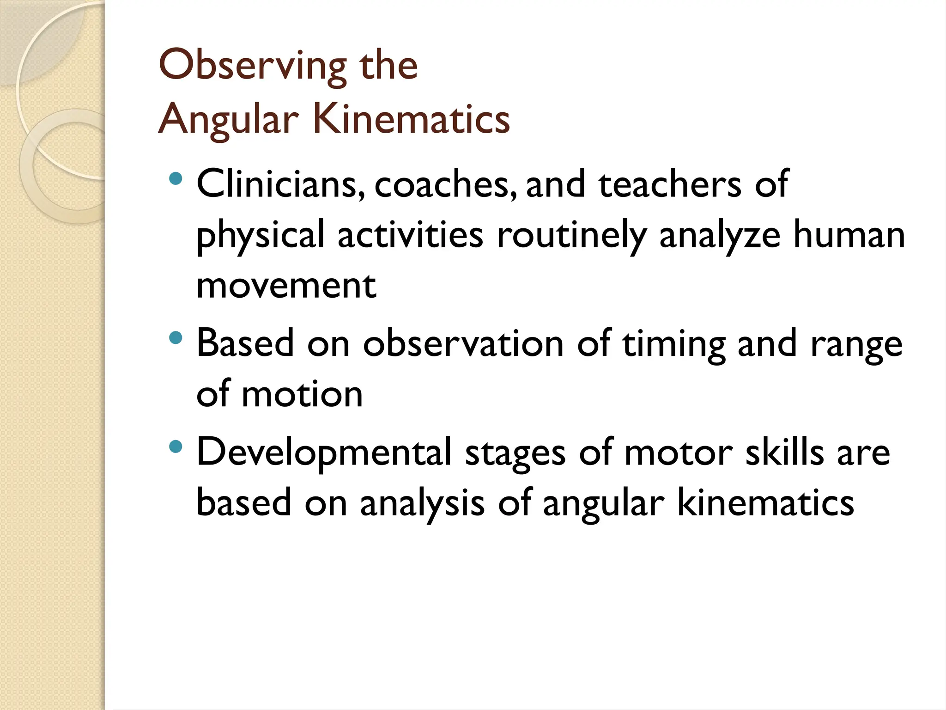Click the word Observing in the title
point(252,66)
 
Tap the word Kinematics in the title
point(411,119)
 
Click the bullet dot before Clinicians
point(176,178)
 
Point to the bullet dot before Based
point(176,338)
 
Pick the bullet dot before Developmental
point(176,447)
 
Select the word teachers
point(670,184)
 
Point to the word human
point(849,235)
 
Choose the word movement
point(286,286)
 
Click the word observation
point(463,343)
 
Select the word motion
point(302,394)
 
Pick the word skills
point(785,452)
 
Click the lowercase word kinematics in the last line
point(765,503)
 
